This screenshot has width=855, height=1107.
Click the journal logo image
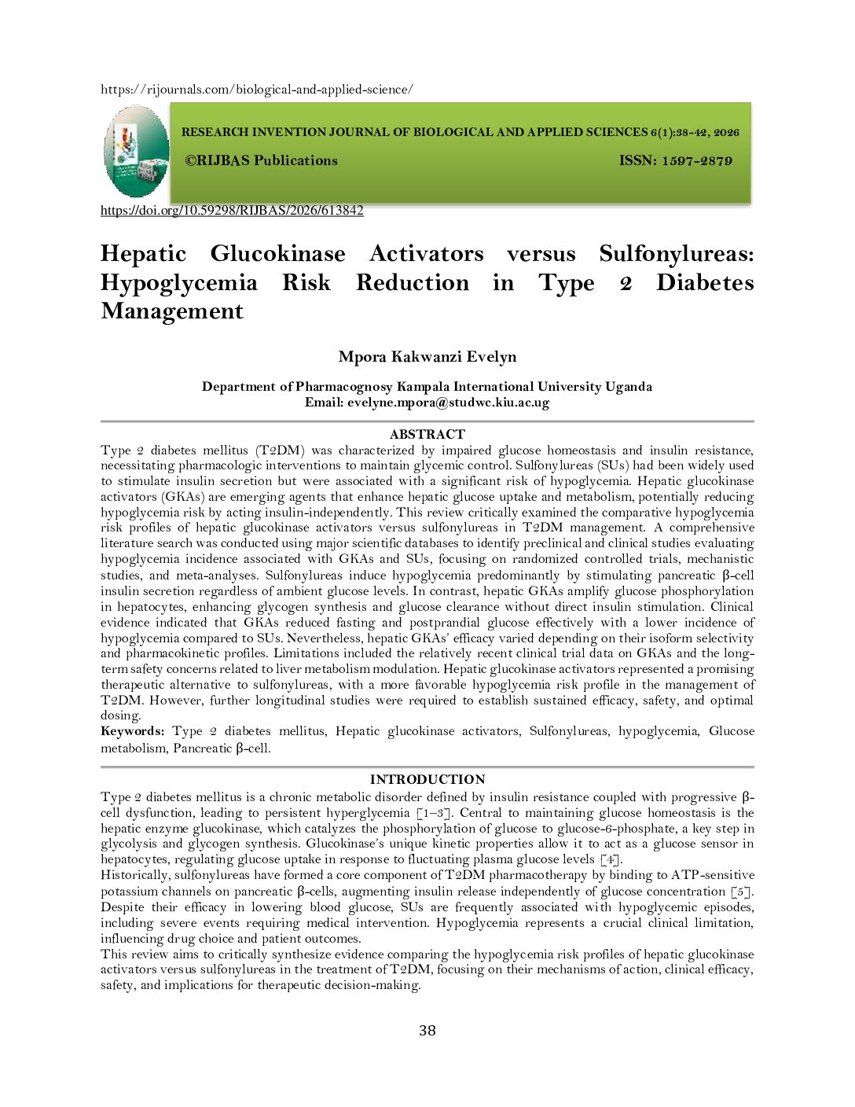tap(136, 151)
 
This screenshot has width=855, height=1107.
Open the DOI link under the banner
tap(232, 211)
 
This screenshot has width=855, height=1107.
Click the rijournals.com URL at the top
tap(256, 90)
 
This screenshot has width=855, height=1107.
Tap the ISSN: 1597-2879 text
tap(675, 161)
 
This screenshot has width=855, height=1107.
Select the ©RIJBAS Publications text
tap(261, 160)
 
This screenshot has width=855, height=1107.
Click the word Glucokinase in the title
tap(277, 254)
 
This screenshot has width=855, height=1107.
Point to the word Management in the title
tap(172, 311)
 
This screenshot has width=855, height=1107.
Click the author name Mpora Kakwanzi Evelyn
tap(427, 357)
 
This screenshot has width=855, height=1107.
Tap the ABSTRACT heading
tap(427, 434)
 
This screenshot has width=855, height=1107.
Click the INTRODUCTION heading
tap(427, 779)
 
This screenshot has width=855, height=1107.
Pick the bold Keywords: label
tap(132, 731)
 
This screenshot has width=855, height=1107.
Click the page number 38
tap(427, 1031)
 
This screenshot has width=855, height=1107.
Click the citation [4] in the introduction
tap(611, 859)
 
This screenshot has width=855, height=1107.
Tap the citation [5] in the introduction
tap(741, 892)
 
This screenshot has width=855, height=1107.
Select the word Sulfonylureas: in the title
tap(676, 254)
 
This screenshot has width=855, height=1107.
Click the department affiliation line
tap(427, 387)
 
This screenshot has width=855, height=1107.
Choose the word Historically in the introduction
tap(134, 875)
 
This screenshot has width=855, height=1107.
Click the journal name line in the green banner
tap(460, 133)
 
